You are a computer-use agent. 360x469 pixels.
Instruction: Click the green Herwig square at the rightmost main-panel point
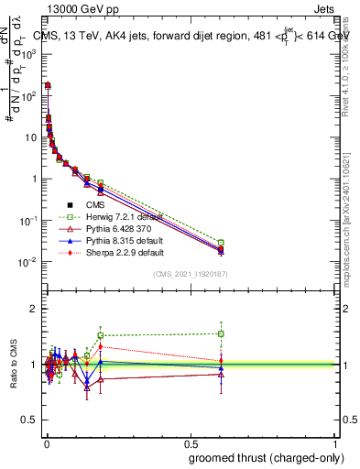(221, 243)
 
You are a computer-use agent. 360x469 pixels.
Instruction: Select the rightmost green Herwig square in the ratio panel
(221, 333)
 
